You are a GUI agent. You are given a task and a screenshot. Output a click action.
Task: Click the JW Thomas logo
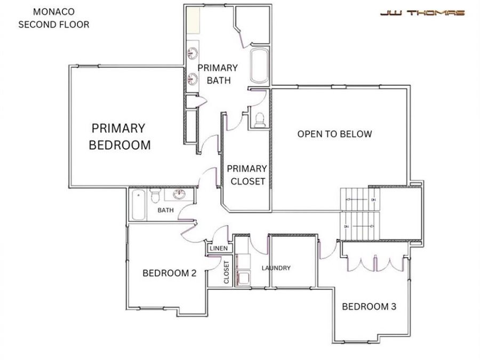422,13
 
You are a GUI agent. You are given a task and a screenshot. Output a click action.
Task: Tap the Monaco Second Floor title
53,18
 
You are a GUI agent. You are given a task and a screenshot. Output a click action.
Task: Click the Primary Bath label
218,74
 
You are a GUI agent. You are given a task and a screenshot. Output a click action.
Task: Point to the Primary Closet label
246,175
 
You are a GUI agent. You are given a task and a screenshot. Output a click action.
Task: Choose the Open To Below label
334,134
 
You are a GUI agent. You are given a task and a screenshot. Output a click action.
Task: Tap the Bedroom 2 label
170,274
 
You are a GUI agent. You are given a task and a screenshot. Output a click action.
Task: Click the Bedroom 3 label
369,307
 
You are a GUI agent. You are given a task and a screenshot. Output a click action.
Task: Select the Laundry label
276,268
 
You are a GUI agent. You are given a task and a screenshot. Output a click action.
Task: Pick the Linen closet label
219,249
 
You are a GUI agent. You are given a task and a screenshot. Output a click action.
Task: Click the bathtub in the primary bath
260,66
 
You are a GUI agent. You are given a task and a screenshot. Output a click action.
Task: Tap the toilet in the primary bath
260,119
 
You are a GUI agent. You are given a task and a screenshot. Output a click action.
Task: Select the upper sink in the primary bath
193,53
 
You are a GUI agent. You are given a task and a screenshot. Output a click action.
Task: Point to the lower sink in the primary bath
193,79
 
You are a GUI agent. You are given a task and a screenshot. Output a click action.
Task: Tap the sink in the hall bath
180,194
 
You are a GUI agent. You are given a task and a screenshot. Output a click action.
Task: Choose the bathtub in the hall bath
138,205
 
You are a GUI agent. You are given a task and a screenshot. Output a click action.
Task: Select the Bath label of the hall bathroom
165,211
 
